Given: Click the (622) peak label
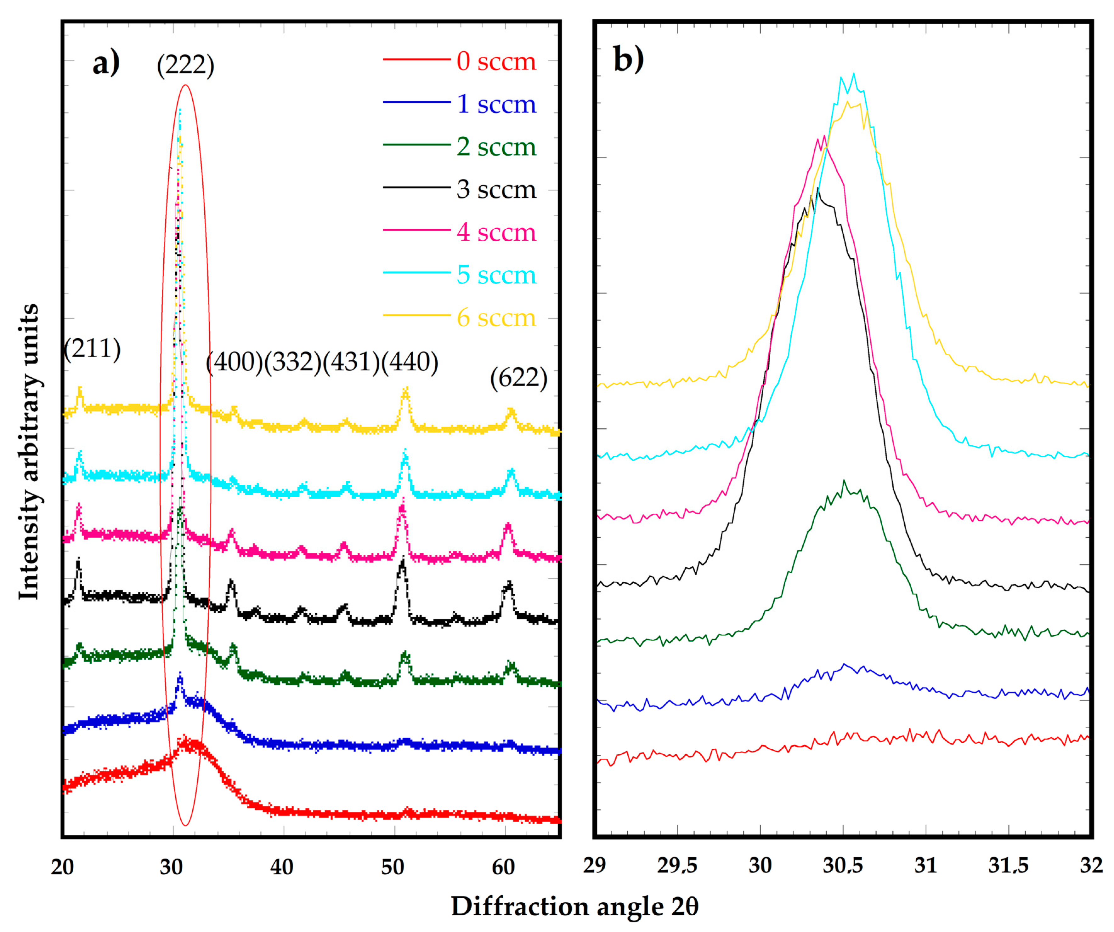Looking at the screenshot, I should pos(518,378).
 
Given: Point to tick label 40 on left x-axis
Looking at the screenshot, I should pos(282,867).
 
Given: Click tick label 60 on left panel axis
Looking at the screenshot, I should pos(503,867).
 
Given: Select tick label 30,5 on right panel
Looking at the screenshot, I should pos(842,866).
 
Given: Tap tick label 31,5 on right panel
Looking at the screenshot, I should pos(1008,866).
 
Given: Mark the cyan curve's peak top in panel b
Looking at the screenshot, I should pos(854,74).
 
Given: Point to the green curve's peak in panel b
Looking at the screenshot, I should pos(844,481).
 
